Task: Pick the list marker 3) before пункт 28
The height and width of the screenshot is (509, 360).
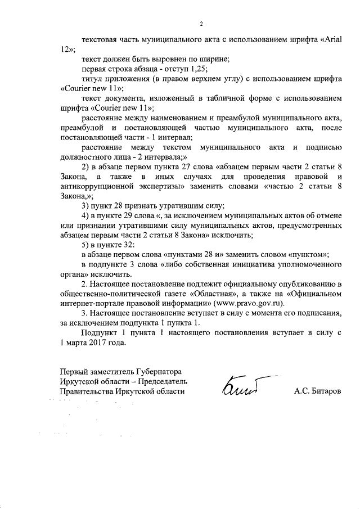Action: [x=85, y=205]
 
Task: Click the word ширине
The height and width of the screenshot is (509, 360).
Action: [x=165, y=59]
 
